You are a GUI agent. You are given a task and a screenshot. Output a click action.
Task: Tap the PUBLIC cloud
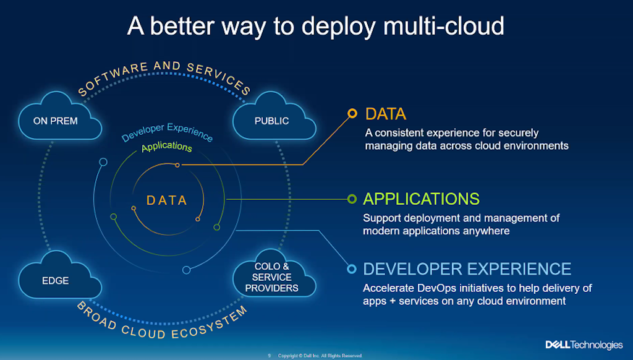[271, 121]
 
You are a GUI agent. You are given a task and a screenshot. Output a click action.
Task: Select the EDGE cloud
[55, 280]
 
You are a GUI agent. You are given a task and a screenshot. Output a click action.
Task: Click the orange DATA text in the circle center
[166, 200]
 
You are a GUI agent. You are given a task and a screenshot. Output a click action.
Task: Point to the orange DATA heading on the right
[386, 114]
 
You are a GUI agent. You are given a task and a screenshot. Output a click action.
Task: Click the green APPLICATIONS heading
[421, 199]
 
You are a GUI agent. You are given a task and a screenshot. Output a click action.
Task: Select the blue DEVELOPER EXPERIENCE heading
[467, 268]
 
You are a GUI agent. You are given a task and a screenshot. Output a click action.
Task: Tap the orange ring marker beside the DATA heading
[352, 113]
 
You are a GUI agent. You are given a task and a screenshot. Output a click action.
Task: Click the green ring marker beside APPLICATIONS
[352, 199]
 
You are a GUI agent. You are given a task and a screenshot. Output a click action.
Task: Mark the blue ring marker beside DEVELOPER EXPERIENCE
[352, 269]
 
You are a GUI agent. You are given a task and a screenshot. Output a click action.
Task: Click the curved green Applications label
[166, 147]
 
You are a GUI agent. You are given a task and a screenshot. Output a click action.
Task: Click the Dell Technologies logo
[584, 345]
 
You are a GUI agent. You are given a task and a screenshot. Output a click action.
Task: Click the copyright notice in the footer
[319, 356]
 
